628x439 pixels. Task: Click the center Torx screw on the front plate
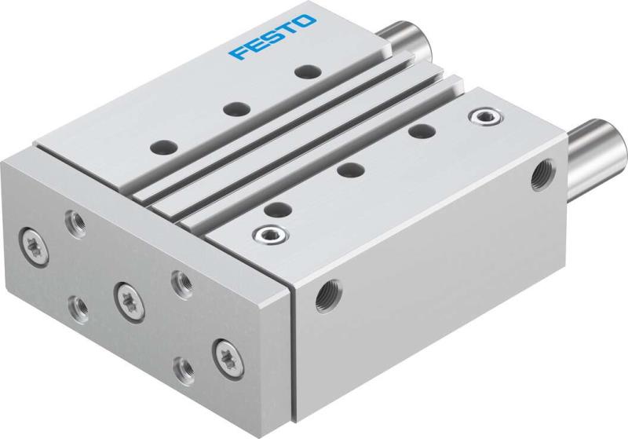pyautogui.click(x=126, y=294)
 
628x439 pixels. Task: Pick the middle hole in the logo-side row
pyautogui.click(x=233, y=108)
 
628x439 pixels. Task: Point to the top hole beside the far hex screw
pyautogui.click(x=422, y=130)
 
